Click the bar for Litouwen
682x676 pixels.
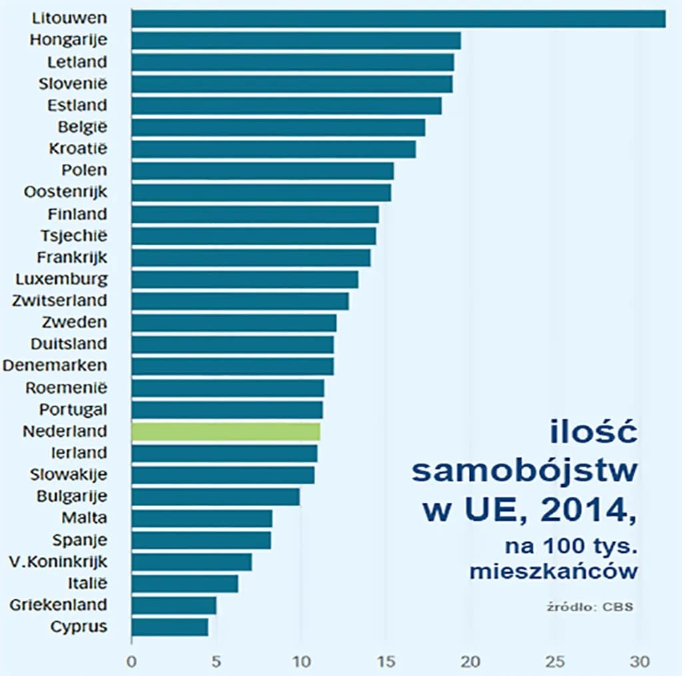pyautogui.click(x=398, y=19)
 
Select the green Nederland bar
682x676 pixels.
pyautogui.click(x=226, y=432)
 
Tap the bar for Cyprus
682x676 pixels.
pyautogui.click(x=170, y=627)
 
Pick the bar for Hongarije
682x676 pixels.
pyautogui.click(x=296, y=41)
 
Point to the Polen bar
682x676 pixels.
pyautogui.click(x=262, y=170)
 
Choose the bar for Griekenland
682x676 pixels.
pyautogui.click(x=174, y=605)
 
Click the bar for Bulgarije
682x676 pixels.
pyautogui.click(x=216, y=497)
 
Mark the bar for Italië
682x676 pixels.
pyautogui.click(x=184, y=583)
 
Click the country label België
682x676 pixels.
pyautogui.click(x=82, y=127)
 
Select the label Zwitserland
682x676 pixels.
pyautogui.click(x=59, y=300)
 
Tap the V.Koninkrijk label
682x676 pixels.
pyautogui.click(x=58, y=561)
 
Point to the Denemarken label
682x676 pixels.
pyautogui.click(x=55, y=366)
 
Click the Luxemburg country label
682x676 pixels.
pyautogui.click(x=61, y=278)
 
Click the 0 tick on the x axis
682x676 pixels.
pyautogui.click(x=132, y=662)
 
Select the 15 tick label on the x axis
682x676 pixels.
pyautogui.click(x=386, y=662)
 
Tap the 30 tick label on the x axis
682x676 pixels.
pyautogui.click(x=640, y=662)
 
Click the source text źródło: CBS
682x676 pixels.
pyautogui.click(x=586, y=607)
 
